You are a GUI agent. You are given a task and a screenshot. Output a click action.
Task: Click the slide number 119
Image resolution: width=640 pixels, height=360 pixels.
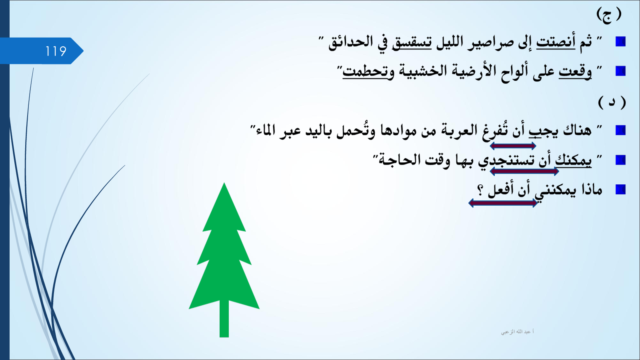tap(56, 51)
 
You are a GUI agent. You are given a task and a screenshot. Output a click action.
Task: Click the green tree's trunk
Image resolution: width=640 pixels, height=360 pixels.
tap(224, 318)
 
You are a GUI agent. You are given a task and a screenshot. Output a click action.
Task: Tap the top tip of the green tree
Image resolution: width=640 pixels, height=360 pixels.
tap(224, 183)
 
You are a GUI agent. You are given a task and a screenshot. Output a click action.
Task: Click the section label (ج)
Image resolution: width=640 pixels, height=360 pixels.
tap(609, 15)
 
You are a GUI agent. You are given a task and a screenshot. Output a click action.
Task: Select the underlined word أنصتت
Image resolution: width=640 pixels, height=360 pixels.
tap(556, 42)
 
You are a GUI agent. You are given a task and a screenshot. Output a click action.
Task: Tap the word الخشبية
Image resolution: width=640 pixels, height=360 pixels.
tap(423, 71)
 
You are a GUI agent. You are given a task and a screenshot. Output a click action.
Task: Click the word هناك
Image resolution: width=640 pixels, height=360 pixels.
tap(577, 130)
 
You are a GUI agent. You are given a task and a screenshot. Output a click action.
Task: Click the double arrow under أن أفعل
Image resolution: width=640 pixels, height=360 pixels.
tap(503, 203)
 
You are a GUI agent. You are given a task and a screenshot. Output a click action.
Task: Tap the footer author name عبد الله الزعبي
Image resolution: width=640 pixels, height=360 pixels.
tap(517, 332)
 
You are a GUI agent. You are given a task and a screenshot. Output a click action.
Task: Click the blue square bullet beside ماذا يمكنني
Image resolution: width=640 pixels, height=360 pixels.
tap(620, 190)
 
